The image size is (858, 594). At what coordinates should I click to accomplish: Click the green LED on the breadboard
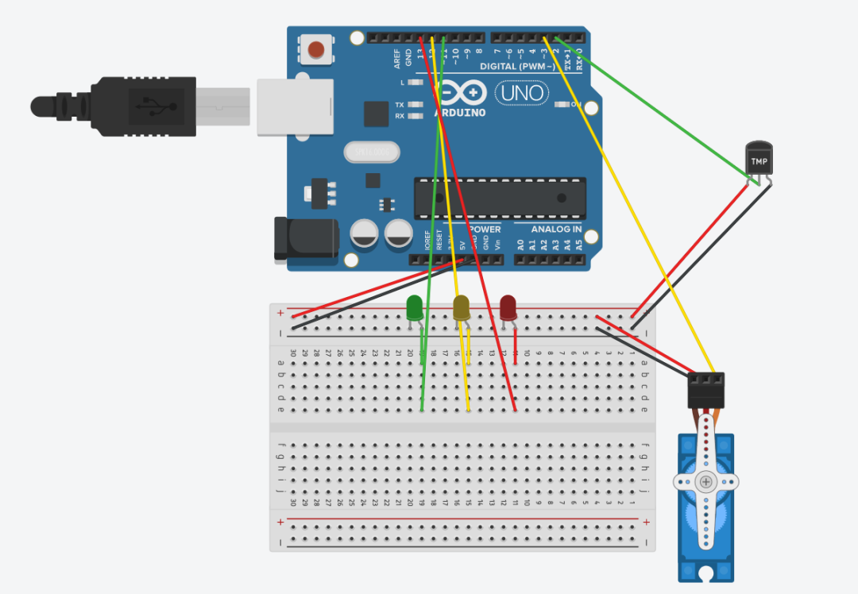[414, 308]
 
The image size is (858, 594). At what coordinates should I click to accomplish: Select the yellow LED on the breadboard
[461, 307]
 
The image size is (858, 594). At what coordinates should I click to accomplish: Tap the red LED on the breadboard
[508, 307]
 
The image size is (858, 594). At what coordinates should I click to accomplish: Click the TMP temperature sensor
[759, 159]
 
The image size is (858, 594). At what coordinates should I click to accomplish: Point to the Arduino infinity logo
[461, 94]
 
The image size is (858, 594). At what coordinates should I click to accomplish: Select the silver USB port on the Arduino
[294, 105]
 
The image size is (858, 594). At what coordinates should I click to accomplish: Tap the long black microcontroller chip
[500, 198]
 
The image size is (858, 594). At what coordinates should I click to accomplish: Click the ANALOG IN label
[556, 229]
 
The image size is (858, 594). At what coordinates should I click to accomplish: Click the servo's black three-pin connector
[705, 390]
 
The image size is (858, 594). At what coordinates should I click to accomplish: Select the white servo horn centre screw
[705, 482]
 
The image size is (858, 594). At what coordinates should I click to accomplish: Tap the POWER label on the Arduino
[485, 229]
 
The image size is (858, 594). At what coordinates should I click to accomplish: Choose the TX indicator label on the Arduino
[399, 105]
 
